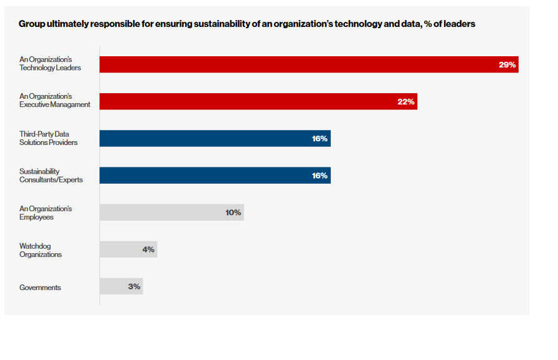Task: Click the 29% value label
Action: (507, 64)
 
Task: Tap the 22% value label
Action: (406, 101)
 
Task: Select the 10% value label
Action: (233, 212)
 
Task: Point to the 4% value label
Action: (148, 249)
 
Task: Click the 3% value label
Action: (134, 286)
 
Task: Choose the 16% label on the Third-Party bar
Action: (320, 138)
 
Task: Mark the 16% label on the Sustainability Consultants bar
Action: (320, 175)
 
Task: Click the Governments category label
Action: (40, 287)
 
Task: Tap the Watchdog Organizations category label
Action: (40, 250)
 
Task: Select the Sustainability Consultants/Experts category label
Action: (51, 175)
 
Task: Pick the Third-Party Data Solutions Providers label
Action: (48, 138)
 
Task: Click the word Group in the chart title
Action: (31, 24)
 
